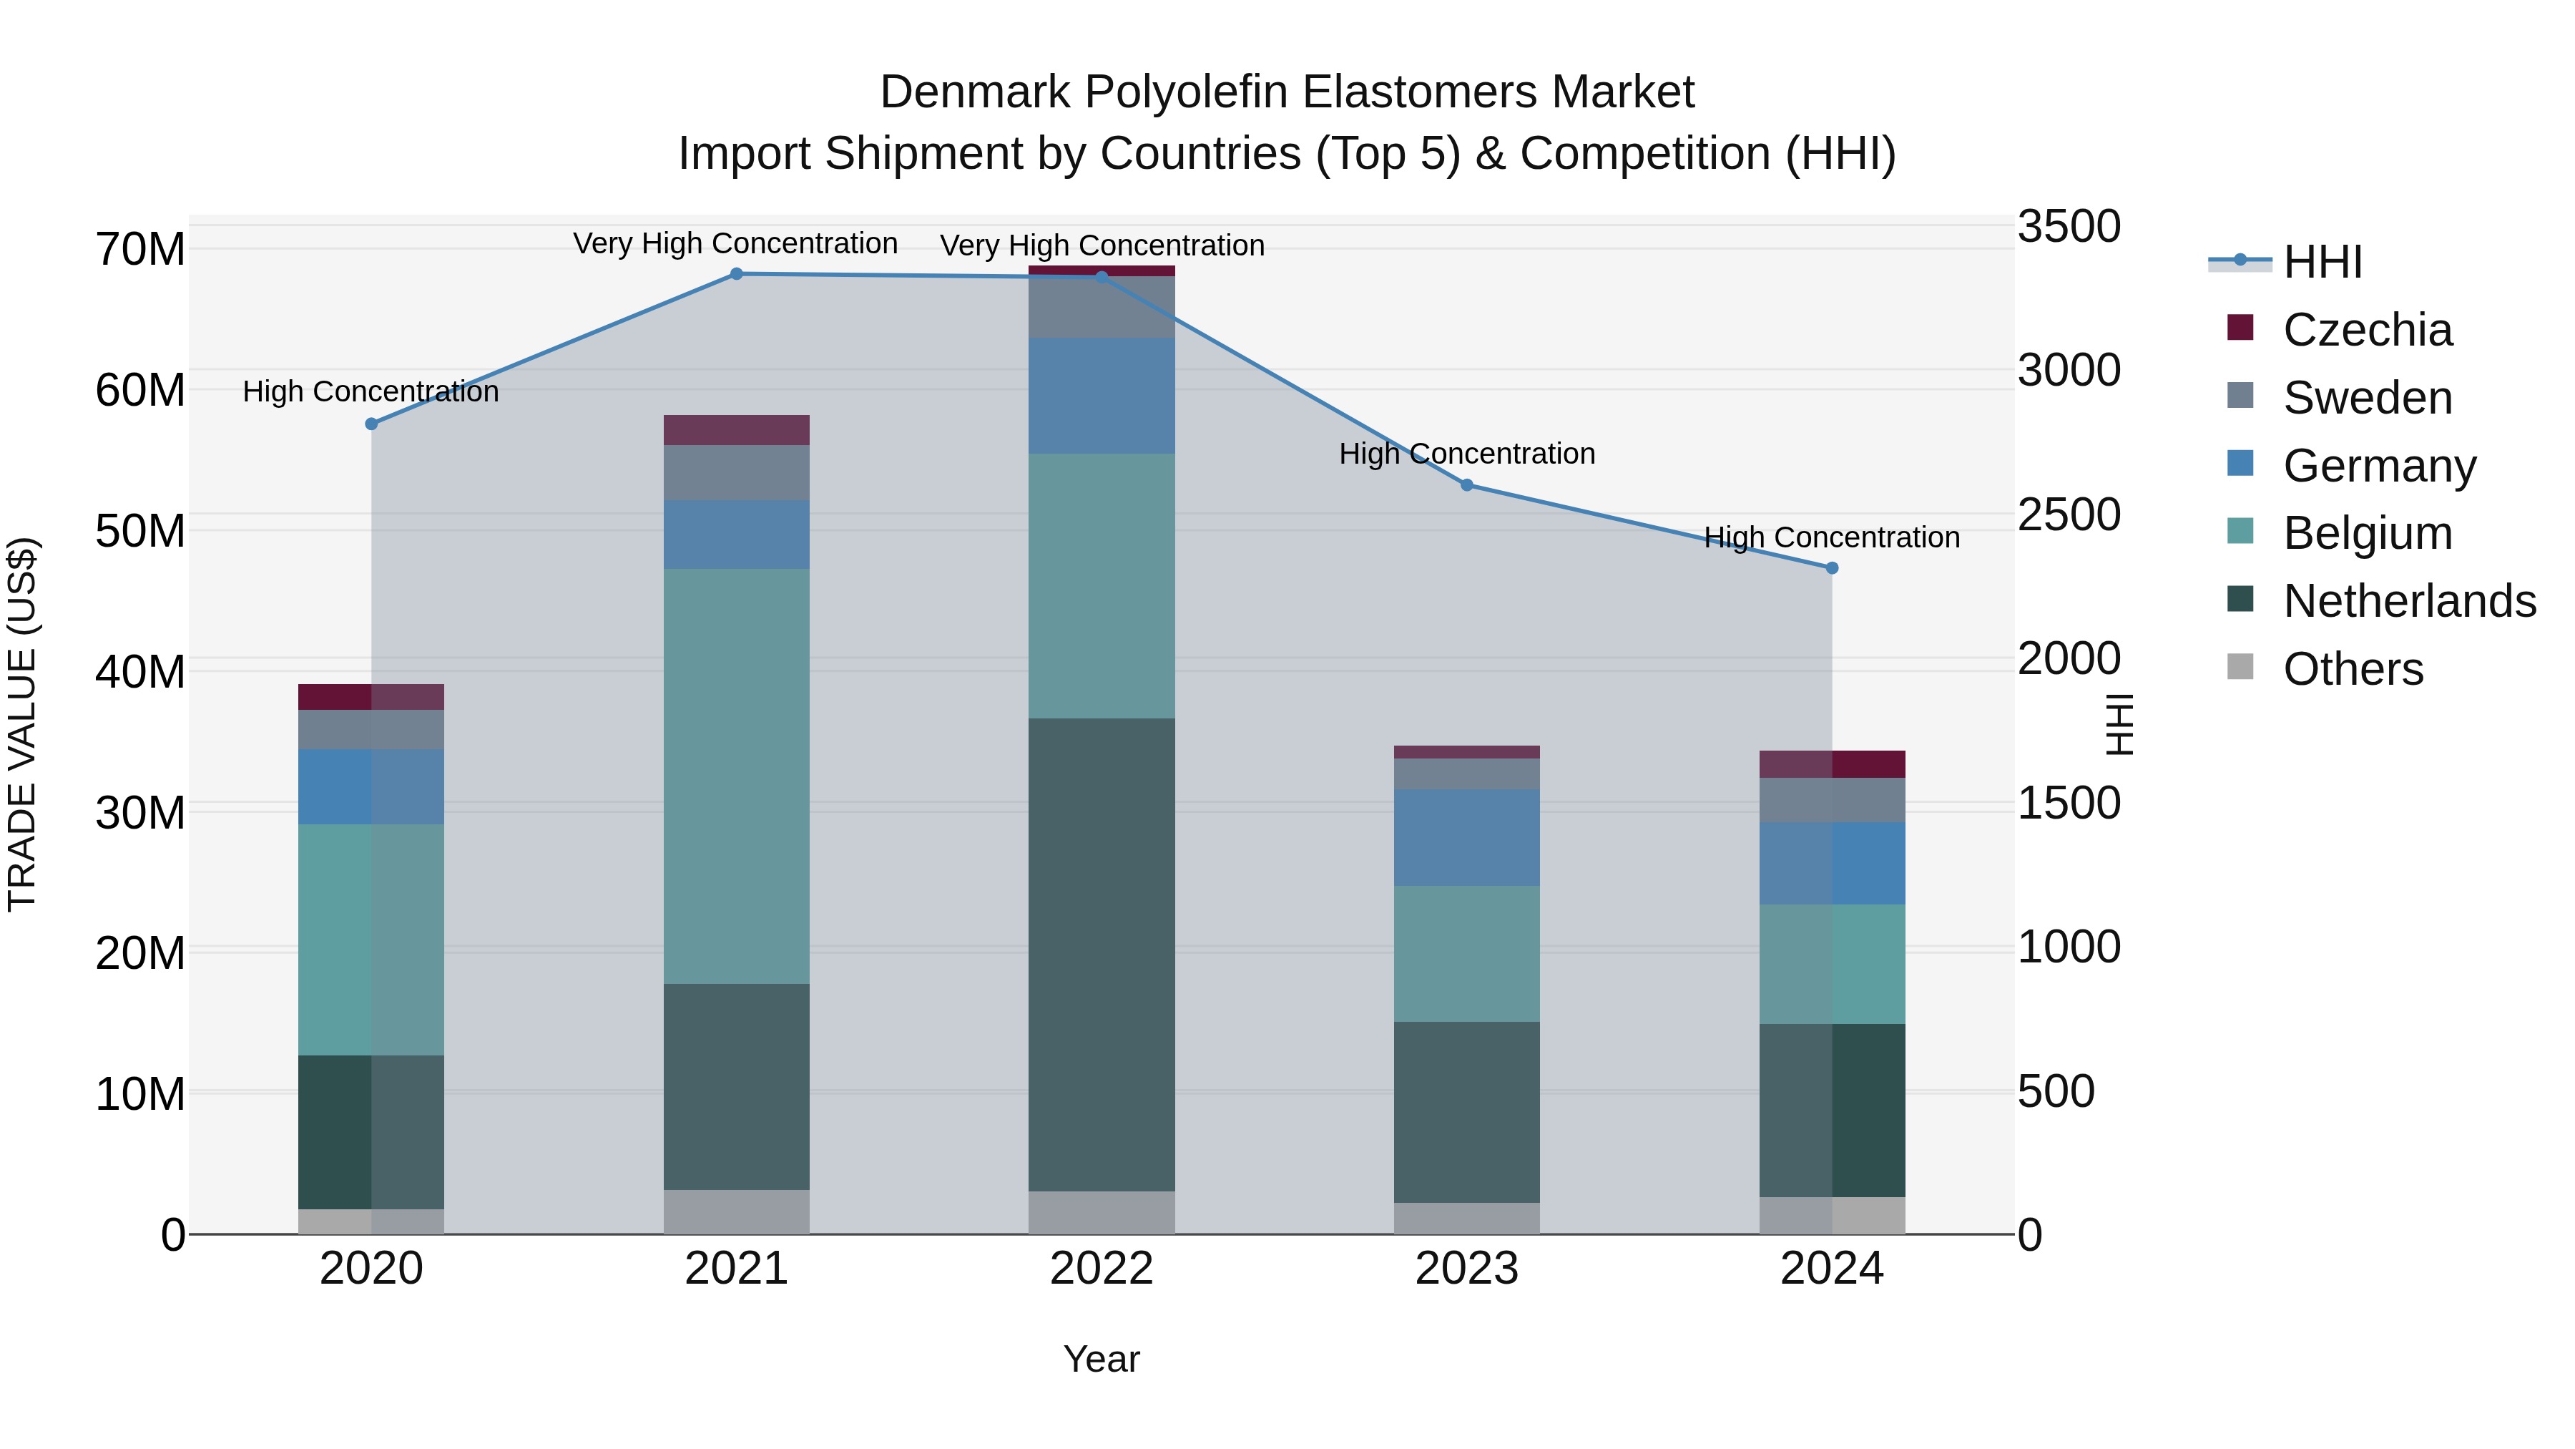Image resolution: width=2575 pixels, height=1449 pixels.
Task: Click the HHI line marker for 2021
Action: (736, 274)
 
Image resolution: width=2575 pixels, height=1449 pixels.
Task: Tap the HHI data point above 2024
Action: (1831, 568)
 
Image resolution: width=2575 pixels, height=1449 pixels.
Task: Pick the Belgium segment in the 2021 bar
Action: (736, 776)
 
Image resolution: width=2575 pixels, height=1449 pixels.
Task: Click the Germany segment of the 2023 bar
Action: (1466, 837)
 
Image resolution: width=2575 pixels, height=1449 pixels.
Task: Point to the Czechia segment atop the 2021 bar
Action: (736, 430)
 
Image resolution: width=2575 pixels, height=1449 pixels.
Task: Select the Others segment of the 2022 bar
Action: (1102, 1212)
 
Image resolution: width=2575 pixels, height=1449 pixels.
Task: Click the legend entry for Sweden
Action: (2367, 398)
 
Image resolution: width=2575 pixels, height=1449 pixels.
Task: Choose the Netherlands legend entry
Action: (2409, 601)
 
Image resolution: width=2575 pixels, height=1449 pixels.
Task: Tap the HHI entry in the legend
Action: (2322, 262)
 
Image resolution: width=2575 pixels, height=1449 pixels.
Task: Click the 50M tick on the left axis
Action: (140, 531)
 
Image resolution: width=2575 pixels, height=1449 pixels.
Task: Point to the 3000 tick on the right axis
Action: (2068, 370)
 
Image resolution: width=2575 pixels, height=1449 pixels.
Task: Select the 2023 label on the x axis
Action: (1466, 1269)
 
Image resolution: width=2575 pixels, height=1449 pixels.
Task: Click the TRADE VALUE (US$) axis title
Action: (22, 724)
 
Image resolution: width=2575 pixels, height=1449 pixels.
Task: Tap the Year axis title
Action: (1101, 1359)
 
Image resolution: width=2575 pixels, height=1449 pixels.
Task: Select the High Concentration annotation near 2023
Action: (1466, 454)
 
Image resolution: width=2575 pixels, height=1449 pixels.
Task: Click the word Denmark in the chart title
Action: (976, 92)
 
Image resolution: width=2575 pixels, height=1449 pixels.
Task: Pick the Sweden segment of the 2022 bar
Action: (1102, 307)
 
